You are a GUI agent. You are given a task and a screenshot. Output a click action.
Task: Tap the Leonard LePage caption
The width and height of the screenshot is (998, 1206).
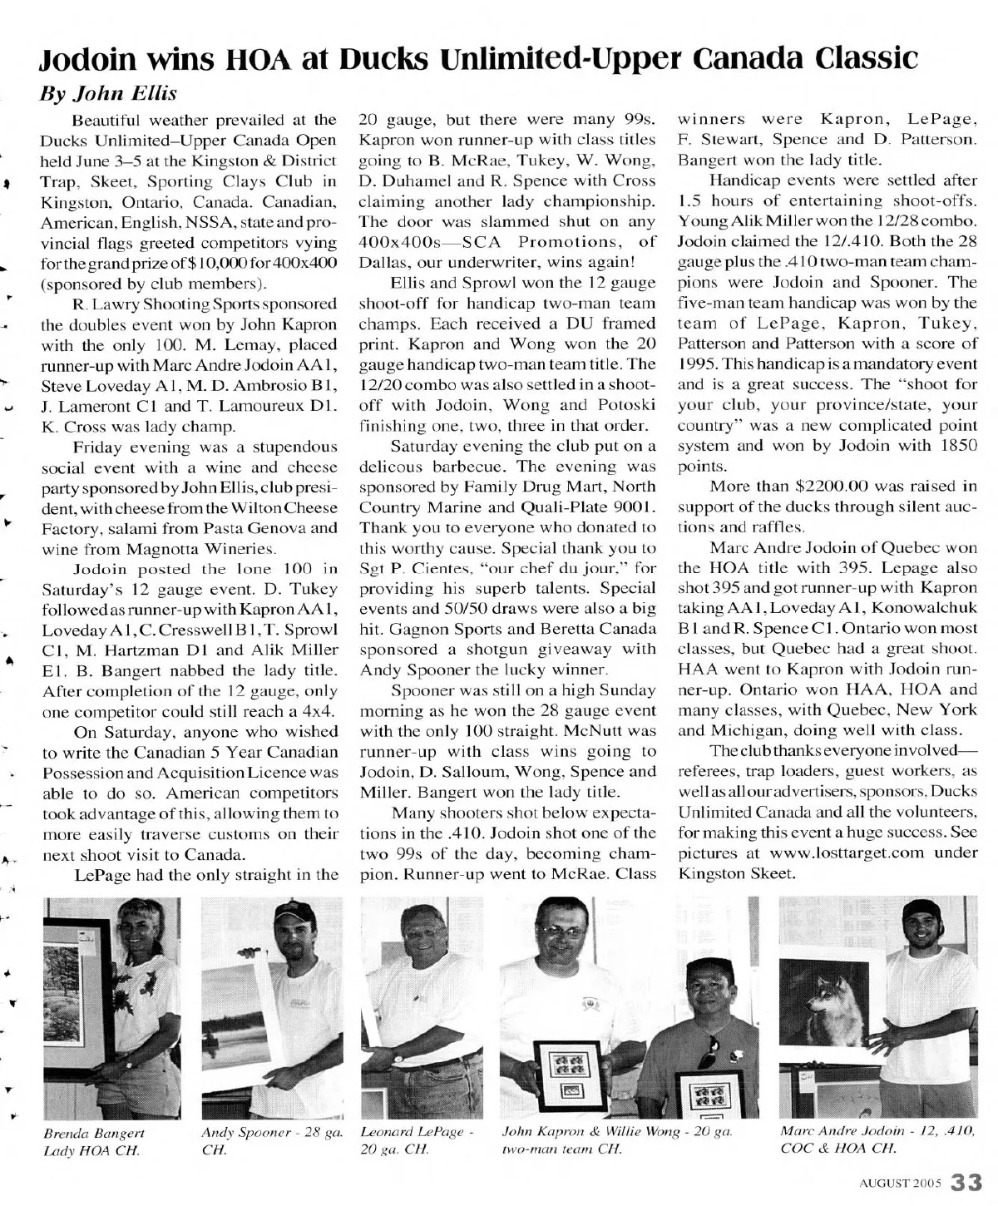[417, 1141]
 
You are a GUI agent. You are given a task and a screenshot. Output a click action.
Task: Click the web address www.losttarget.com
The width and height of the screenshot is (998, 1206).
[841, 853]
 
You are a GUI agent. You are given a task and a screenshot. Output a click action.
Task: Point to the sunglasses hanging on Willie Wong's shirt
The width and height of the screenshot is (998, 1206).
[712, 1051]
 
